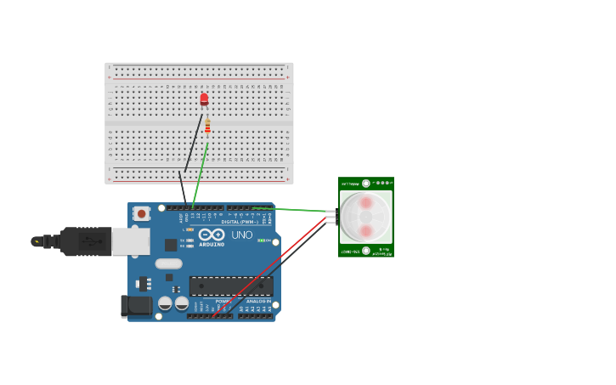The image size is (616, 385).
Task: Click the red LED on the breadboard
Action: coord(204,99)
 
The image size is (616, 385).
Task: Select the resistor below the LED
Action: coord(207,127)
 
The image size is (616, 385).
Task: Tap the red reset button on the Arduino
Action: coord(141,213)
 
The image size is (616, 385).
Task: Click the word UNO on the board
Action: coord(242,235)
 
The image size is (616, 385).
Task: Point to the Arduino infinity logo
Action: coord(212,234)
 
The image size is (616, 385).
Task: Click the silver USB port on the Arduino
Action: coord(131,241)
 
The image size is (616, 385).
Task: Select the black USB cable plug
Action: coord(85,241)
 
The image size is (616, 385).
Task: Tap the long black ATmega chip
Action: coord(231,286)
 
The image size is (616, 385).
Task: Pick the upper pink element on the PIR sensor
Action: coord(366,202)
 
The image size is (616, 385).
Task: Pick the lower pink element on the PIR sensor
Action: coord(366,231)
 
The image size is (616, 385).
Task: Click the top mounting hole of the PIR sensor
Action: coord(366,183)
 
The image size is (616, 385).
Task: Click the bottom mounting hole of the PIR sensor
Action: coord(366,251)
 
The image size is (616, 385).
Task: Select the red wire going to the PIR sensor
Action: coord(272,264)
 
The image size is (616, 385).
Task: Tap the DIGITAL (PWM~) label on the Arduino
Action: coord(241,223)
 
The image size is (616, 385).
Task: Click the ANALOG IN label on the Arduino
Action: coord(258,301)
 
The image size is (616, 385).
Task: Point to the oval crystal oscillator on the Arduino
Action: coord(168,263)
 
